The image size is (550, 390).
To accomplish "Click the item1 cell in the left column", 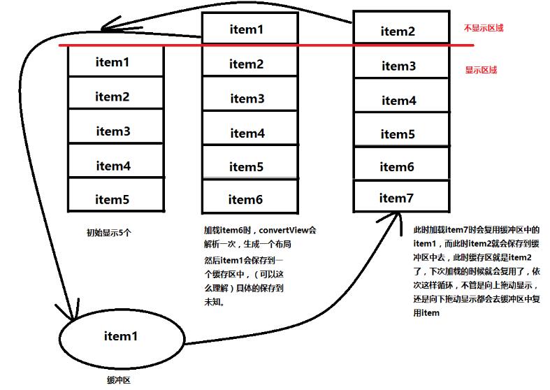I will [113, 62].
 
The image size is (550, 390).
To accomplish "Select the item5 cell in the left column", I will [113, 199].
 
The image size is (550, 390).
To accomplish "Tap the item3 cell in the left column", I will [113, 131].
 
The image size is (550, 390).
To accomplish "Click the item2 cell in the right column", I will [398, 31].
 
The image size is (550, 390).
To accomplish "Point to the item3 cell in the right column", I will [399, 66].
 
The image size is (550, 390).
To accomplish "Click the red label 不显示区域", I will [484, 29].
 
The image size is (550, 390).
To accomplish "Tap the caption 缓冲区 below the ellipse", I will [119, 380].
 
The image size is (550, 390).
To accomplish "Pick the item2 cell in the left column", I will [113, 96].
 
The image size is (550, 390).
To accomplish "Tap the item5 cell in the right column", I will [398, 133].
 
